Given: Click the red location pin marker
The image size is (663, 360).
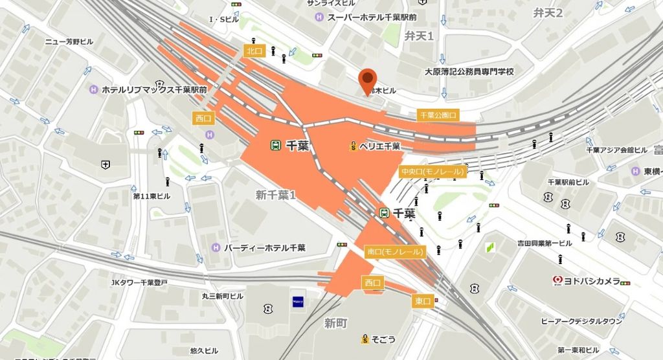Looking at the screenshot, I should [367, 81].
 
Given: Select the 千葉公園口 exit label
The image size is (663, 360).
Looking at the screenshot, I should [438, 115].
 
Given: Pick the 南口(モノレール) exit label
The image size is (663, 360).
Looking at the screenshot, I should [394, 251].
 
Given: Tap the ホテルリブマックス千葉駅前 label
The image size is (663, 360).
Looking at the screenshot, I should [153, 90].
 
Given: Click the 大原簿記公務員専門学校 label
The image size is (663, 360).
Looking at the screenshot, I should [469, 71].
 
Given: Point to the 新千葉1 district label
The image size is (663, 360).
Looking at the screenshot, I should [275, 194].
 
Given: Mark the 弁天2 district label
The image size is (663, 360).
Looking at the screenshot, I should [548, 13].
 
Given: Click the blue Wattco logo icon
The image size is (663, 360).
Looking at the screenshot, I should [298, 300].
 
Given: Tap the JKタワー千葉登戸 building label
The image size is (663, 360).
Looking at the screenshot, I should [139, 282].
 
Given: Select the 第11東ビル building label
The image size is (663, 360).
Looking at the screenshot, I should [152, 196].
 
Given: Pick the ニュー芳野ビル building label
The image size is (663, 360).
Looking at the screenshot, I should [69, 41].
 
